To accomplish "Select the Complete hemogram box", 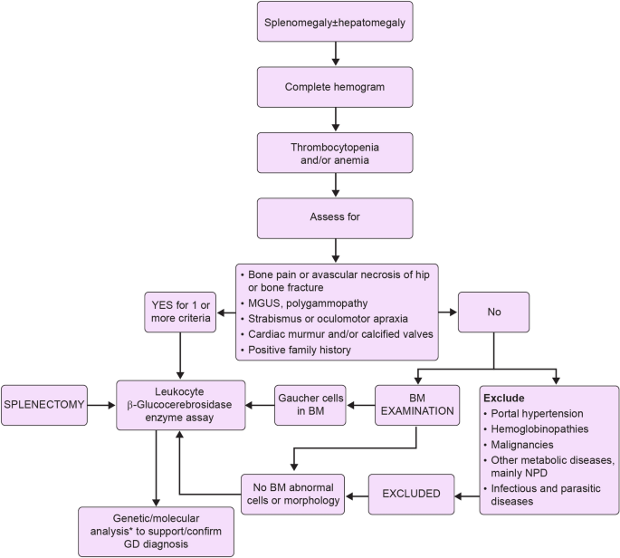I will [x=336, y=88].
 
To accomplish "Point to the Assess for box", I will [x=336, y=218].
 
